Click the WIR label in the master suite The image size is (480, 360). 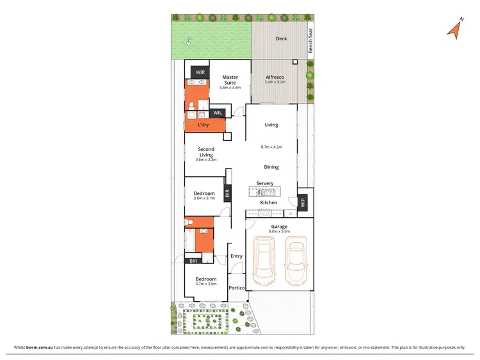point(200,73)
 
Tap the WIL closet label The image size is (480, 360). point(218,113)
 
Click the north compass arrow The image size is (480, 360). point(456,28)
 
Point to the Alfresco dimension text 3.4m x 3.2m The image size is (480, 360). point(275,83)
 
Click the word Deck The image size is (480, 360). point(281,38)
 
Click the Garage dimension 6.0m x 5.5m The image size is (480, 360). point(279,232)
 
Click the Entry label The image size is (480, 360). point(237,256)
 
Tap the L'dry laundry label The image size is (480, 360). point(204,124)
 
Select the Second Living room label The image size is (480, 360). point(206,152)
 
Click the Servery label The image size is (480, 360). point(265,183)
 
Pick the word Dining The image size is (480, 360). point(271,167)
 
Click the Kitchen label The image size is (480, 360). point(269,202)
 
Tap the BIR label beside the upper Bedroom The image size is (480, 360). point(227,192)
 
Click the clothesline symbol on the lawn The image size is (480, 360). point(189,42)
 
